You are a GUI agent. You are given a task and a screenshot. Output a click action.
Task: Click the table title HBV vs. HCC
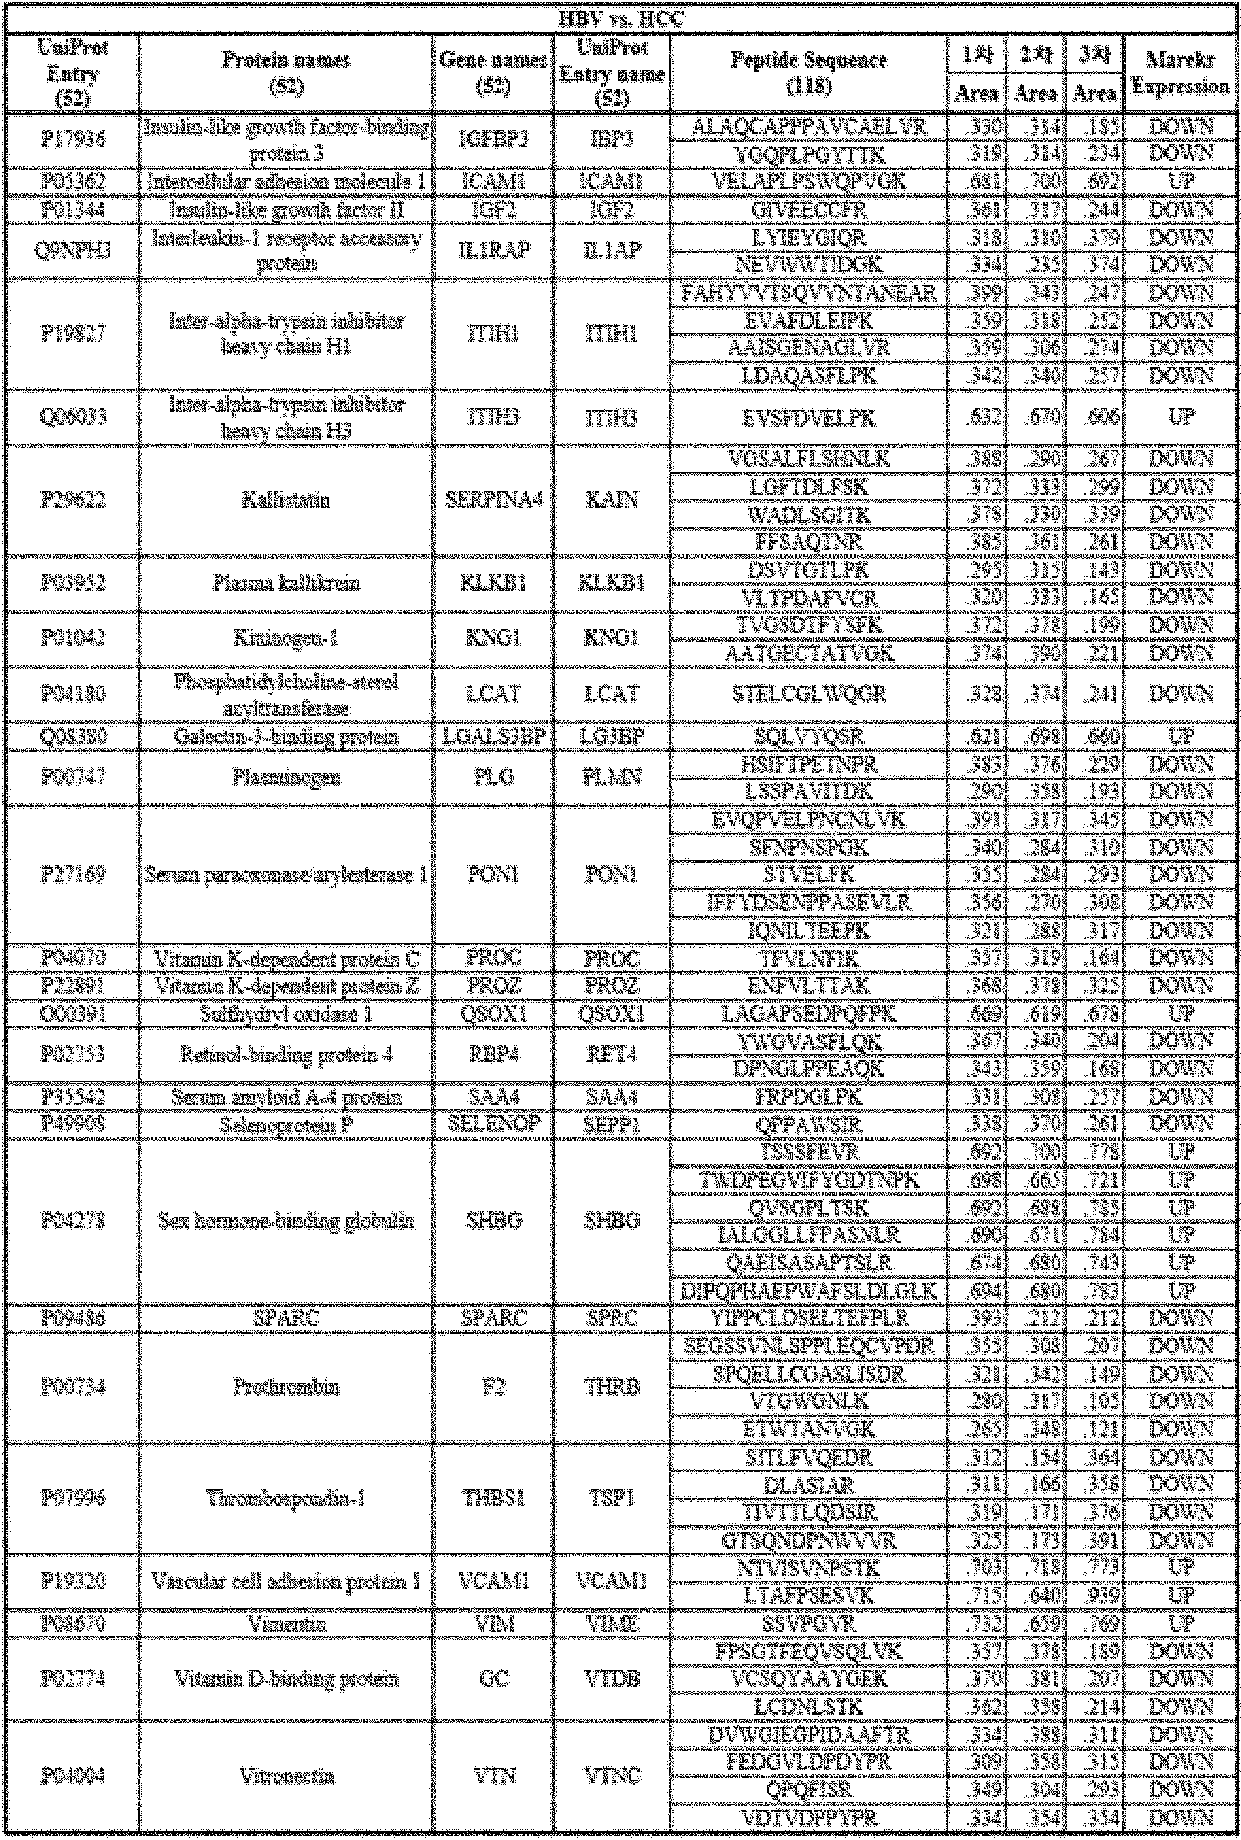click(619, 19)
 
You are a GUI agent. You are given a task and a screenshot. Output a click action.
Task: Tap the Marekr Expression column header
click(1179, 73)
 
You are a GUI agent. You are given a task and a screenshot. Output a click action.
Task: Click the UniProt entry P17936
click(72, 140)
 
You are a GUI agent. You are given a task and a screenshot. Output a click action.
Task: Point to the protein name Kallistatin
click(286, 500)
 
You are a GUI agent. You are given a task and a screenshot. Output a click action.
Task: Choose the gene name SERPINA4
click(493, 500)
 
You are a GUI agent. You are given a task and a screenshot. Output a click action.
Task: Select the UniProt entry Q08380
click(72, 737)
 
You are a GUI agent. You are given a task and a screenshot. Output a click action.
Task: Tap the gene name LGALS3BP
click(493, 737)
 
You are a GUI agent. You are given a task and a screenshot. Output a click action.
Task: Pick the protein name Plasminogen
click(286, 778)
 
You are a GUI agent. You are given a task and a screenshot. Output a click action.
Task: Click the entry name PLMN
click(612, 778)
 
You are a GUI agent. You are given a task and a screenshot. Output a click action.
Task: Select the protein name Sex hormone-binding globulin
click(286, 1221)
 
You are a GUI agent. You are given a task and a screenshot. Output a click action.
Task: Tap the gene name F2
click(493, 1387)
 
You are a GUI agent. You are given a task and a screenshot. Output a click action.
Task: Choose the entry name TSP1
click(612, 1498)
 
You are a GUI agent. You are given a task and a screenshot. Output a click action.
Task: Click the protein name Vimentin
click(286, 1624)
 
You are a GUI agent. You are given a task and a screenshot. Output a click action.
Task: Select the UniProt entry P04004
click(72, 1777)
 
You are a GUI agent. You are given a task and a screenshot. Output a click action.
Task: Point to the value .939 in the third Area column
click(1094, 1595)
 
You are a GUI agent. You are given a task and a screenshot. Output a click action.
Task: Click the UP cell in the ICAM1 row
click(1179, 182)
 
